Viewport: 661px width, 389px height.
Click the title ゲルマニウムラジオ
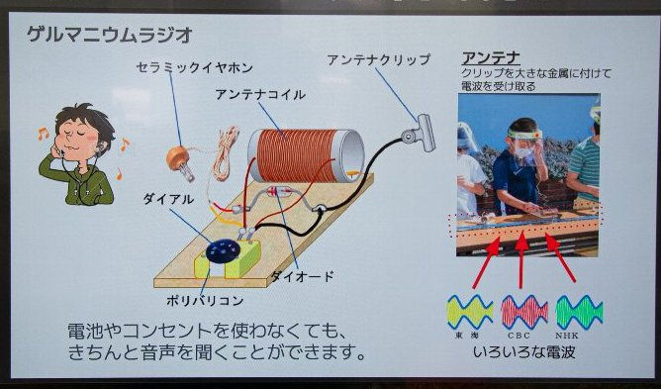(x=110, y=35)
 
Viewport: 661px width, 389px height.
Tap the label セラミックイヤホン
(x=195, y=67)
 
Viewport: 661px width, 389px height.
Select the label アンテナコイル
(x=260, y=94)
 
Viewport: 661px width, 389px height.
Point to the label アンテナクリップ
(x=379, y=59)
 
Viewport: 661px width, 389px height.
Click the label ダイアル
(x=168, y=199)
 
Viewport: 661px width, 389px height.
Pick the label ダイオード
(x=302, y=276)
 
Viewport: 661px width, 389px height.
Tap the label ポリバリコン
(x=205, y=300)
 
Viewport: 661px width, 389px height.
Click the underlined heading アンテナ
(x=491, y=57)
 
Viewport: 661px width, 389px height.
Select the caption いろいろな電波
(x=524, y=351)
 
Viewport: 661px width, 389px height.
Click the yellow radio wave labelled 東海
(x=470, y=312)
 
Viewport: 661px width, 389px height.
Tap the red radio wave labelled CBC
(x=524, y=312)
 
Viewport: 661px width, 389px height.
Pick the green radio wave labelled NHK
(x=579, y=312)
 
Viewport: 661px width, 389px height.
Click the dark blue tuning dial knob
(x=223, y=250)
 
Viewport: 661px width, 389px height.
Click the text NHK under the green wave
(x=567, y=336)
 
